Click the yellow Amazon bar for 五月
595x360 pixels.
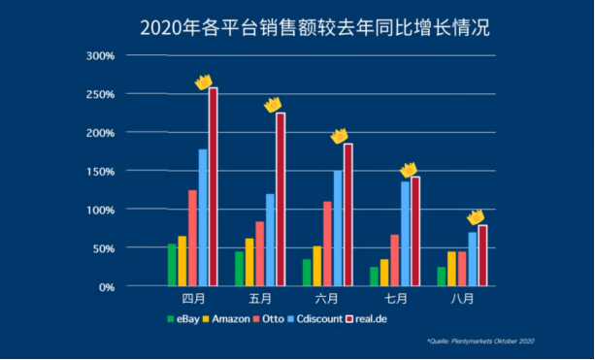tap(249, 262)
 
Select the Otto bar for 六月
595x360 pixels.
tap(327, 244)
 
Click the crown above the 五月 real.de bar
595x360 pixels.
tap(273, 103)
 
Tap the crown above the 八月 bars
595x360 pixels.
tap(475, 216)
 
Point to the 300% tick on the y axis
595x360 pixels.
tap(101, 56)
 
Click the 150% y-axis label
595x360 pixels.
tap(101, 172)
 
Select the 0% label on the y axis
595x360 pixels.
tap(107, 287)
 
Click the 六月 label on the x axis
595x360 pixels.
tap(327, 298)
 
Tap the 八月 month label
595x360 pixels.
tap(462, 298)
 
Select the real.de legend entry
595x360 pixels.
tap(368, 319)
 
